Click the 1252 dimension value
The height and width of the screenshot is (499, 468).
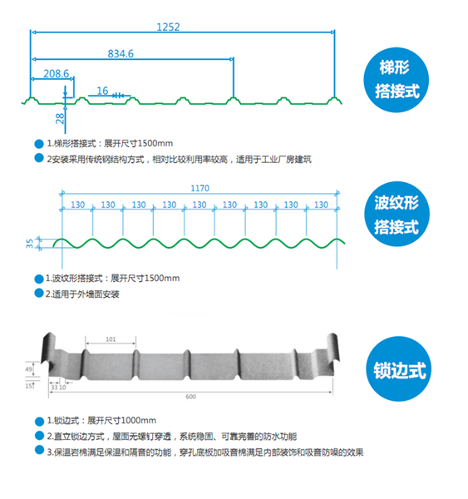pyautogui.click(x=168, y=27)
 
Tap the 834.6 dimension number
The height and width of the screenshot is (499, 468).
pyautogui.click(x=121, y=54)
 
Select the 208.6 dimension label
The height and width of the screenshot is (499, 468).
pyautogui.click(x=56, y=74)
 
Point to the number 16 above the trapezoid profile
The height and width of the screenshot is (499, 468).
pyautogui.click(x=102, y=91)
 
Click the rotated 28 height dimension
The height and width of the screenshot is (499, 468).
pyautogui.click(x=60, y=118)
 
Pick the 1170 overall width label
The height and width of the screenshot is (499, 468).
pyautogui.click(x=200, y=189)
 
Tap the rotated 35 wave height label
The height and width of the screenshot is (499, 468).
pyautogui.click(x=29, y=244)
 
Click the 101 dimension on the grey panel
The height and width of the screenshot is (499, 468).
pyautogui.click(x=111, y=339)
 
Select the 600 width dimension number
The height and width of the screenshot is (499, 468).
pyautogui.click(x=190, y=397)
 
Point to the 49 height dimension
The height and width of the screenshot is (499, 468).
pyautogui.click(x=28, y=369)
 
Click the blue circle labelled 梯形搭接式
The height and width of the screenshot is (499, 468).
pyautogui.click(x=397, y=80)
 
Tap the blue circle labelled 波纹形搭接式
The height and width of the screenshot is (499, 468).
pyautogui.click(x=397, y=214)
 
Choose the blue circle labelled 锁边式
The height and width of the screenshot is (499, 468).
pyautogui.click(x=399, y=369)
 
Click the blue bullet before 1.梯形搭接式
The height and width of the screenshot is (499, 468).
pyautogui.click(x=39, y=144)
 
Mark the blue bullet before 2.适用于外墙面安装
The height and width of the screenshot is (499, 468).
pyautogui.click(x=39, y=293)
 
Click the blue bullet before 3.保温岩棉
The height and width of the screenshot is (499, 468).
pyautogui.click(x=39, y=450)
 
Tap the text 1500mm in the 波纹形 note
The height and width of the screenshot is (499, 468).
pyautogui.click(x=162, y=279)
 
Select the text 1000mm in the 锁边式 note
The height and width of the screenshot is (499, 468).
pyautogui.click(x=139, y=421)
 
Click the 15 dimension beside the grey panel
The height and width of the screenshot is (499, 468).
pyautogui.click(x=28, y=386)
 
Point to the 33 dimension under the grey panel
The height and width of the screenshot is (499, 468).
pyautogui.click(x=54, y=388)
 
